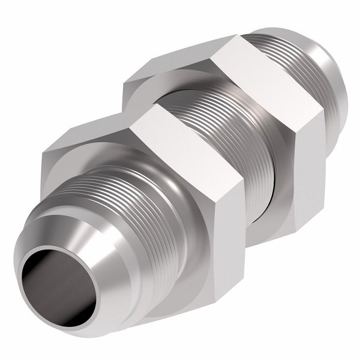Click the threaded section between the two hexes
tap(216, 120)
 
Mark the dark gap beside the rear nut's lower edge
tap(273, 204)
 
